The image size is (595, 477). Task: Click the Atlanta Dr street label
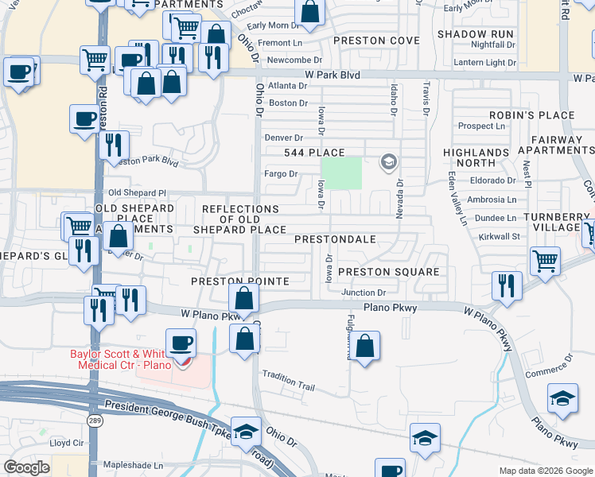tap(287, 86)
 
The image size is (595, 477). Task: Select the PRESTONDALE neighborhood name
tap(334, 238)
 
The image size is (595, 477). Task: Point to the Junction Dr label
tap(363, 293)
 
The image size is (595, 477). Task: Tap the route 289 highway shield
tap(95, 421)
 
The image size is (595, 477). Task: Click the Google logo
tap(26, 467)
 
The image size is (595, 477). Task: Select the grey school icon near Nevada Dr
tap(388, 164)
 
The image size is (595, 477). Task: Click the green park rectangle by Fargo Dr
tap(340, 173)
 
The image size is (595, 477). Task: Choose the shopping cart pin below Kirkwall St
tap(545, 261)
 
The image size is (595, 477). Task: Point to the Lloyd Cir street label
tap(67, 443)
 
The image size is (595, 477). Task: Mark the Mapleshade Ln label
tap(135, 465)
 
